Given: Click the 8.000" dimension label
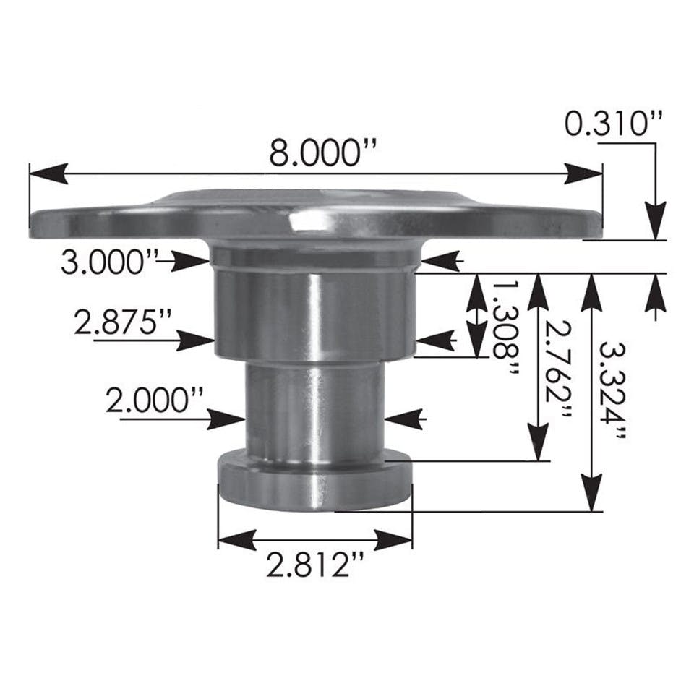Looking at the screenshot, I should click(x=323, y=153).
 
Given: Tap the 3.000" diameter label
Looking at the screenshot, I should click(x=109, y=262).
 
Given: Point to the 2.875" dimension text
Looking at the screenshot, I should click(x=123, y=322).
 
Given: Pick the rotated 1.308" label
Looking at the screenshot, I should click(x=503, y=330).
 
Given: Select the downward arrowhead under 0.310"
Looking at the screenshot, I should click(x=656, y=221).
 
